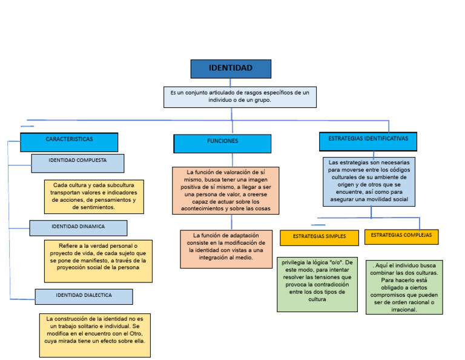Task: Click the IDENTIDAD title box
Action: pyautogui.click(x=231, y=68)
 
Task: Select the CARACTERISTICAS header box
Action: pyautogui.click(x=69, y=142)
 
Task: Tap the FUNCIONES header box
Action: pyautogui.click(x=222, y=143)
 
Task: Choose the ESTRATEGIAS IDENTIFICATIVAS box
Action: pyautogui.click(x=368, y=141)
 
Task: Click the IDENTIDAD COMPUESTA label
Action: pyautogui.click(x=77, y=163)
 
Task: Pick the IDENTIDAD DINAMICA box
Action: pyautogui.click(x=78, y=228)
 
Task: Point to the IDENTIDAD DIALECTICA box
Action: pyautogui.click(x=84, y=296)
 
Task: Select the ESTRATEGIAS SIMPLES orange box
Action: pyautogui.click(x=319, y=237)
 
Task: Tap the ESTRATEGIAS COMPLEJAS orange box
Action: pyautogui.click(x=401, y=236)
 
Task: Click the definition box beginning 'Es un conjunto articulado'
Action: pyautogui.click(x=240, y=97)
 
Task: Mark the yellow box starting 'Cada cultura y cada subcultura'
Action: pyautogui.click(x=94, y=196)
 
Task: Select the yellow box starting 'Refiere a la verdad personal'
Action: pyautogui.click(x=98, y=261)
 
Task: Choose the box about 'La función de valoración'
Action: pyautogui.click(x=225, y=190)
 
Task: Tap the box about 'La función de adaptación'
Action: pyautogui.click(x=225, y=248)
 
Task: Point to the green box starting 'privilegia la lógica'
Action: pyautogui.click(x=317, y=284)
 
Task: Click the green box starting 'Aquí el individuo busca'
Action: pyautogui.click(x=404, y=287)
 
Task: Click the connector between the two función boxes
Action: pyautogui.click(x=224, y=222)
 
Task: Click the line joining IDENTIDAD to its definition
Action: pyautogui.click(x=231, y=82)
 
